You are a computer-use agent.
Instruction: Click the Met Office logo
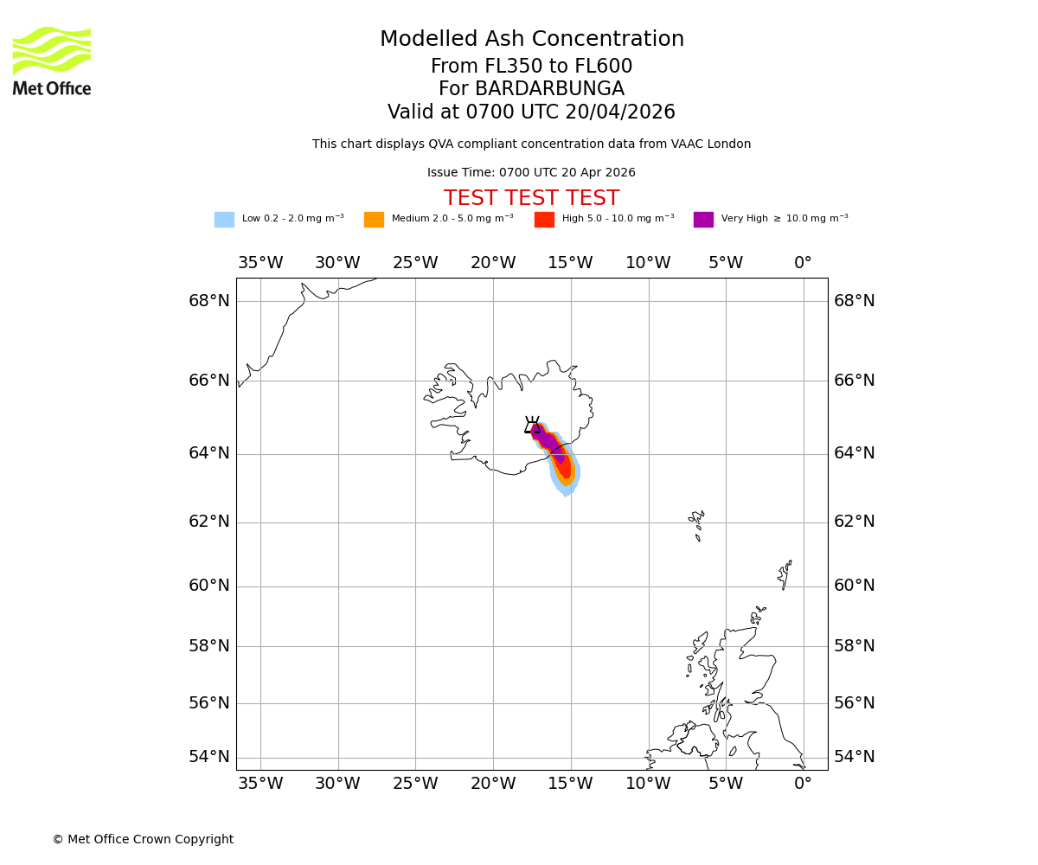[x=52, y=61]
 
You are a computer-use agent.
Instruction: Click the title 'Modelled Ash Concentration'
[x=531, y=40]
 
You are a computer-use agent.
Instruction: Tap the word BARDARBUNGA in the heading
[x=549, y=89]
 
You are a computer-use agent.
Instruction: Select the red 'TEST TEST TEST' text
[x=531, y=199]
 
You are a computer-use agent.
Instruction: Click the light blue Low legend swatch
[x=224, y=220]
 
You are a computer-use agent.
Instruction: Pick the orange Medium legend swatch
[x=374, y=220]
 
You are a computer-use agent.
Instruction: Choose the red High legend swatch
[x=544, y=220]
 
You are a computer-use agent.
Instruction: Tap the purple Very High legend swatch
[x=703, y=220]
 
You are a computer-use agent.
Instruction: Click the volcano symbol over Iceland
[x=533, y=425]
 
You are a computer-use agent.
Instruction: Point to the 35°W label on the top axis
[x=260, y=263]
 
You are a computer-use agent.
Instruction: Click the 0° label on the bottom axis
[x=803, y=784]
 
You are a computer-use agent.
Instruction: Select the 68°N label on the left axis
[x=209, y=301]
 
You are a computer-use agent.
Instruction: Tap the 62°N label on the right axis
[x=854, y=522]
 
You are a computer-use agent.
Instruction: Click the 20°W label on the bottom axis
[x=493, y=784]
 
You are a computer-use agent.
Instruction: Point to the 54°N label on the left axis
[x=209, y=757]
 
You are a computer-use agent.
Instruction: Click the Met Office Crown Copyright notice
[x=143, y=840]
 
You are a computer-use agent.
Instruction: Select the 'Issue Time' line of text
[x=531, y=173]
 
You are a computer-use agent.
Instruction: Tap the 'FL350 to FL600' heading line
[x=531, y=67]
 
